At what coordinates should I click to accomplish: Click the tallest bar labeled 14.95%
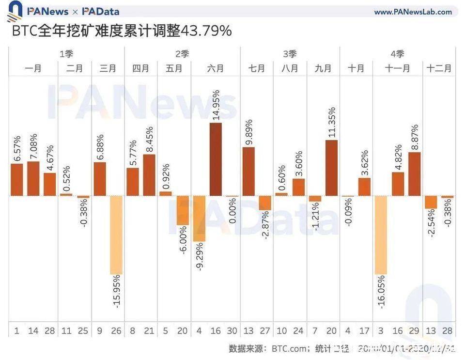(x=216, y=159)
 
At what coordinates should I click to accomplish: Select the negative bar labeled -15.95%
(x=116, y=235)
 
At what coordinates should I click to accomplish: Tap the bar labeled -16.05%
(x=381, y=235)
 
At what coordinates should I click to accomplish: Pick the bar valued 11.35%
(x=331, y=168)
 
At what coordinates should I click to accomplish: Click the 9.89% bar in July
(x=248, y=172)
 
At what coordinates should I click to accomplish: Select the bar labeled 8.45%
(x=149, y=175)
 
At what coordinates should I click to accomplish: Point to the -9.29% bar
(x=199, y=219)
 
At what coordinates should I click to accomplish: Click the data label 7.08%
(x=33, y=146)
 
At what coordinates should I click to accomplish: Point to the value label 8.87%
(x=415, y=138)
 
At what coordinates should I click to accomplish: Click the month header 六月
(x=216, y=68)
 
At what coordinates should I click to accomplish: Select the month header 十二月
(x=439, y=68)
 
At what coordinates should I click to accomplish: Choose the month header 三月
(x=108, y=68)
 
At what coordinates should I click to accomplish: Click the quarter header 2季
(x=182, y=54)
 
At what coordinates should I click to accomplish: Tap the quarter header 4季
(x=397, y=54)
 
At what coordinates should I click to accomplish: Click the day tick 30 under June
(x=232, y=331)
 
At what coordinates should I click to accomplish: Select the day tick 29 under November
(x=414, y=331)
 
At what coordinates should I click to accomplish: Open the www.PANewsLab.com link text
(x=413, y=12)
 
